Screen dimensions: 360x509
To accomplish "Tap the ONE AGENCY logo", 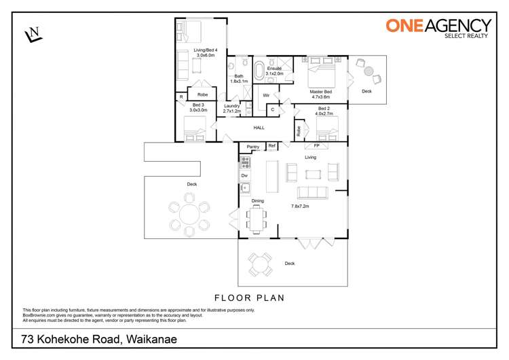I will click(x=438, y=27).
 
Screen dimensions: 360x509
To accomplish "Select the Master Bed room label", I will click(x=320, y=92).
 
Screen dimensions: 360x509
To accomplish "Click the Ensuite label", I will click(x=274, y=69).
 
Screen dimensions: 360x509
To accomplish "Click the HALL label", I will click(x=259, y=128).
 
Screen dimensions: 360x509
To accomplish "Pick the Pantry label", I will click(x=253, y=147).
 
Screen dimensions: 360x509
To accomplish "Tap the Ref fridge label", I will click(x=272, y=146).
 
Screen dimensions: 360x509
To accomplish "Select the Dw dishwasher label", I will click(x=244, y=175).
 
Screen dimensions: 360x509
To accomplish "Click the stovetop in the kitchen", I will click(x=245, y=163).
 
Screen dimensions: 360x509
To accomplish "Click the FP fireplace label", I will click(x=316, y=146).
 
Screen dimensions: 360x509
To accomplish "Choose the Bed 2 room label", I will click(x=324, y=109).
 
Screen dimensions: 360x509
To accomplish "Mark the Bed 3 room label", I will click(x=199, y=105).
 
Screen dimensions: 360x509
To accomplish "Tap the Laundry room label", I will click(x=231, y=107).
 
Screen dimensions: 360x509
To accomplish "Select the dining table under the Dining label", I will click(x=257, y=219).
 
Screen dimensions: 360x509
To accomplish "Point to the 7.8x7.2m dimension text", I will click(x=299, y=206).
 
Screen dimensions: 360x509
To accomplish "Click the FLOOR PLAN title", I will click(x=249, y=298).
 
